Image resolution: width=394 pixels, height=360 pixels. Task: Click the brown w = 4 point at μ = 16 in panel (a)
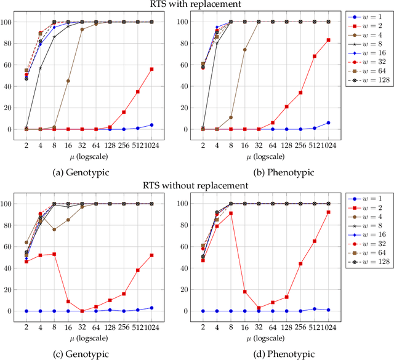coord(68,81)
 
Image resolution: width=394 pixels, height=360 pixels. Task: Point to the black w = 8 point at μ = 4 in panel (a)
coord(41,68)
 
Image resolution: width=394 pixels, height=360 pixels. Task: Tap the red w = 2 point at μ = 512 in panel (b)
coord(315,56)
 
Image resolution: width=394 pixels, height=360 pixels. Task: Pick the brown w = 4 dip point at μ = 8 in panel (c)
coord(54,230)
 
